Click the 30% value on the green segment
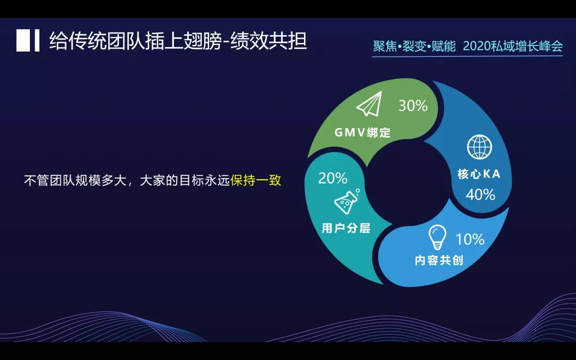click(413, 106)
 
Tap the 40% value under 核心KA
click(480, 195)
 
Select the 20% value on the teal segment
click(333, 178)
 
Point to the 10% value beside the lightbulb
click(469, 239)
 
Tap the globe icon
click(479, 147)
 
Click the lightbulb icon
click(438, 237)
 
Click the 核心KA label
click(479, 174)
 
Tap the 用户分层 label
click(346, 228)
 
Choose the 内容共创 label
click(439, 261)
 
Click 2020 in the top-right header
click(476, 46)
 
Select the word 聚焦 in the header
click(384, 46)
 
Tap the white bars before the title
click(28, 41)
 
